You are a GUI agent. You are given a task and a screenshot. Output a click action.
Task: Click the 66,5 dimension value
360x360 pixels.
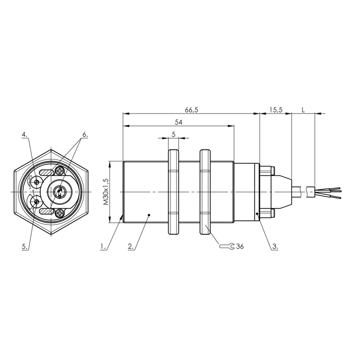[x=192, y=110]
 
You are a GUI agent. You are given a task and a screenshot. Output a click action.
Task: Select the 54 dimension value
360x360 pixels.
[x=178, y=122]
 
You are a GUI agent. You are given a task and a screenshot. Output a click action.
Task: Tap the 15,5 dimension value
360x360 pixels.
[x=276, y=110]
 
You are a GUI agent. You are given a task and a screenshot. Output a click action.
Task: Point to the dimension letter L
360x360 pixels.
[x=303, y=110]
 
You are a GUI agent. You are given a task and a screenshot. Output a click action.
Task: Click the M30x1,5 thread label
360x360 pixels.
[x=106, y=192]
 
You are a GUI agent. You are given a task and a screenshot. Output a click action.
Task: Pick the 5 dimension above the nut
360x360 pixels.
[x=174, y=134]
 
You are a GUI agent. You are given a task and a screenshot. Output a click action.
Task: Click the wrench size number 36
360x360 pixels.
[x=240, y=247]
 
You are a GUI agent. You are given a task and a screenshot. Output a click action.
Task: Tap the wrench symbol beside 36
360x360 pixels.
[x=227, y=246]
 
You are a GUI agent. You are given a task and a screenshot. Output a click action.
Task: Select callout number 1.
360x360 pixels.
[x=103, y=247]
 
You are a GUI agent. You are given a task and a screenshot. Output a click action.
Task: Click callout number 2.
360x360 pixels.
[x=130, y=247]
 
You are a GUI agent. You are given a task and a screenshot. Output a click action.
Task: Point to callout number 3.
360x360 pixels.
[x=275, y=247]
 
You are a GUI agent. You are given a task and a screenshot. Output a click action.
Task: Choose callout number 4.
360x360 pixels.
[x=25, y=135]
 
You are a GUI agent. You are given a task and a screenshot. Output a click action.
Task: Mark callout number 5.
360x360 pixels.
[x=25, y=247]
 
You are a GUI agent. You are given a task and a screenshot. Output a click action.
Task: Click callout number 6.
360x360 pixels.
[x=85, y=135]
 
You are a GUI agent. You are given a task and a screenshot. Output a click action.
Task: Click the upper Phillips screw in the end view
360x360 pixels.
[x=60, y=171]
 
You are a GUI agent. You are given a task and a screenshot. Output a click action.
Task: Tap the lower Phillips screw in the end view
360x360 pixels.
[x=60, y=213]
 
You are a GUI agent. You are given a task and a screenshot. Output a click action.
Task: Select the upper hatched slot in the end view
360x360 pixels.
[x=47, y=172]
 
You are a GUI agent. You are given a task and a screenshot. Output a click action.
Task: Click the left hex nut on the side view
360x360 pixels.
[x=174, y=192]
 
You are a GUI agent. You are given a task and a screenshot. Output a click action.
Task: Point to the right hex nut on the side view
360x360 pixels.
[x=205, y=192]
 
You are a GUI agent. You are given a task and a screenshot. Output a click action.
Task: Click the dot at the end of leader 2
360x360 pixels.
[x=149, y=215]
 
